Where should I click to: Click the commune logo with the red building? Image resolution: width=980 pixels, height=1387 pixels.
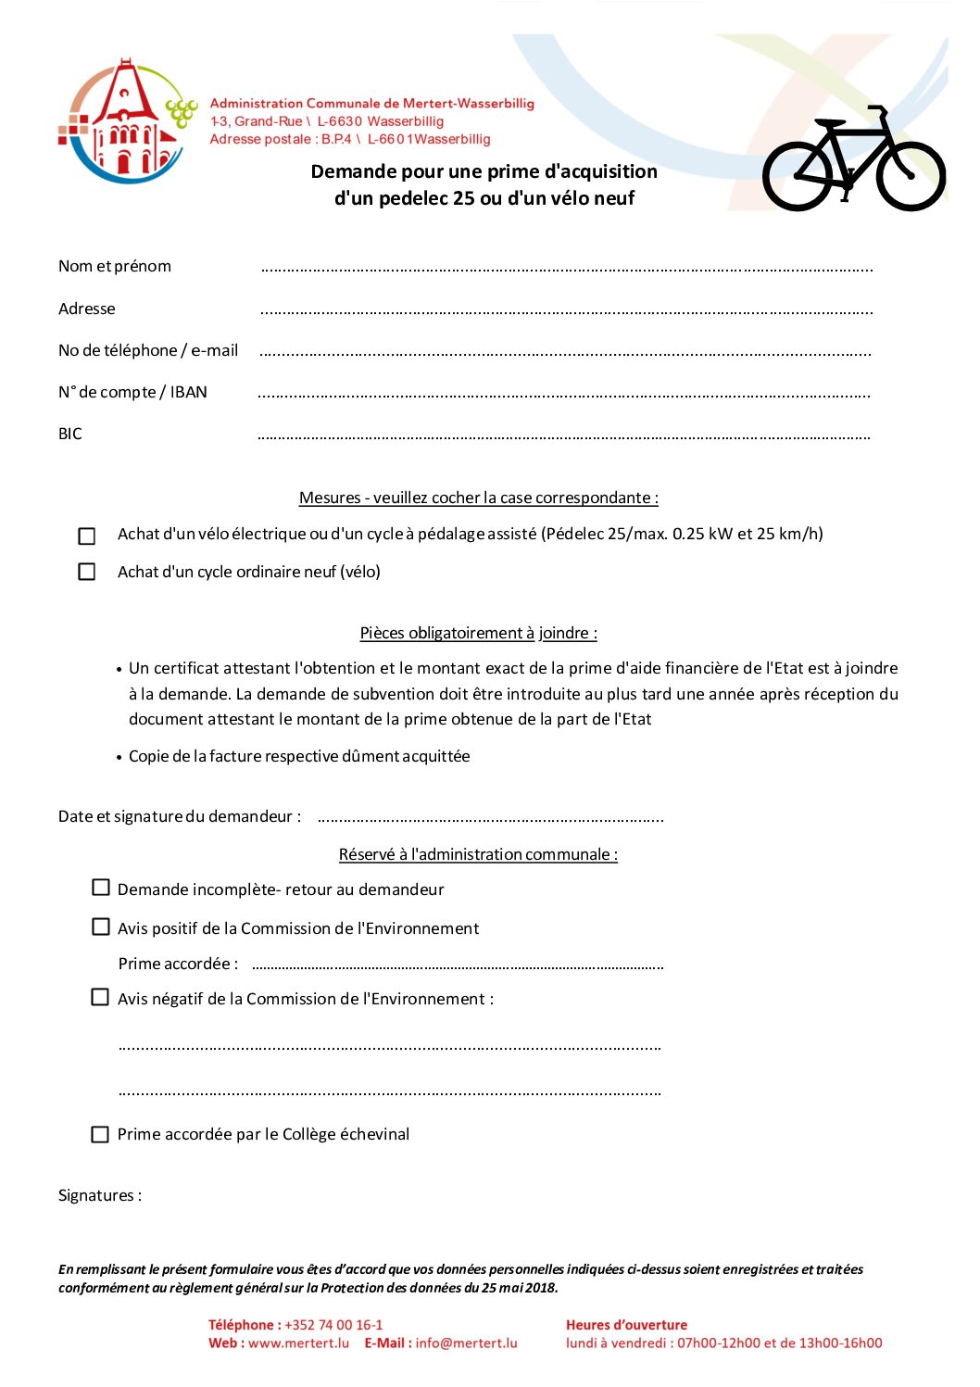(128, 121)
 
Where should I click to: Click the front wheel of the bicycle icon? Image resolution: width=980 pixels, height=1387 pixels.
(911, 175)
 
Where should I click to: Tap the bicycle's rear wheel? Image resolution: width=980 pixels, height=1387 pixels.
(798, 175)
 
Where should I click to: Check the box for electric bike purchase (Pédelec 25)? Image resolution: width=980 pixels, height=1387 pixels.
(87, 536)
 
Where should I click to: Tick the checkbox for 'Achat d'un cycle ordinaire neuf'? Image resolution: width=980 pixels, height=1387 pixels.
(87, 572)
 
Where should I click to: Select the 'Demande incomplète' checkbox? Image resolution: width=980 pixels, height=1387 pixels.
(101, 888)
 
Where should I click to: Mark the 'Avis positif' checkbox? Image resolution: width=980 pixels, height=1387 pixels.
(101, 927)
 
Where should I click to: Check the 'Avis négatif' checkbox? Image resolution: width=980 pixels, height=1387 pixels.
(100, 997)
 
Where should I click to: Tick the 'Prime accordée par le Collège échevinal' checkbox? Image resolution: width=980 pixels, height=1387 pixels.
(100, 1134)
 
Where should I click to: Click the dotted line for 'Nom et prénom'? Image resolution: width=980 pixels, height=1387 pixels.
(566, 269)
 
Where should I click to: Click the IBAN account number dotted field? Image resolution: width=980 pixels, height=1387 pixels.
(563, 395)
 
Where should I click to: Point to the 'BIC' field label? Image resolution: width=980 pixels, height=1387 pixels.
(70, 434)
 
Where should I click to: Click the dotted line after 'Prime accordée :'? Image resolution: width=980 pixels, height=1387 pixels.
(458, 965)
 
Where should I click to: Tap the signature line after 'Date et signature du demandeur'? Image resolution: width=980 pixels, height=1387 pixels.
(490, 819)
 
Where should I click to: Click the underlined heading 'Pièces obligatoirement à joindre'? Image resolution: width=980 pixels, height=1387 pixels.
(478, 633)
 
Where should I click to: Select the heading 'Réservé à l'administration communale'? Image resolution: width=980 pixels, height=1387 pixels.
(478, 854)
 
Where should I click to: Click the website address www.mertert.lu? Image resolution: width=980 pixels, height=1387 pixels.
(298, 1343)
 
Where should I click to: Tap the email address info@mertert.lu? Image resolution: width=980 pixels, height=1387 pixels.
(466, 1343)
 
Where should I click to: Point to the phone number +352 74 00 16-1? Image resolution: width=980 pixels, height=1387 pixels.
(333, 1325)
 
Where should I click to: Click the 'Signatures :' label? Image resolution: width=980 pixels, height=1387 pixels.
(100, 1195)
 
